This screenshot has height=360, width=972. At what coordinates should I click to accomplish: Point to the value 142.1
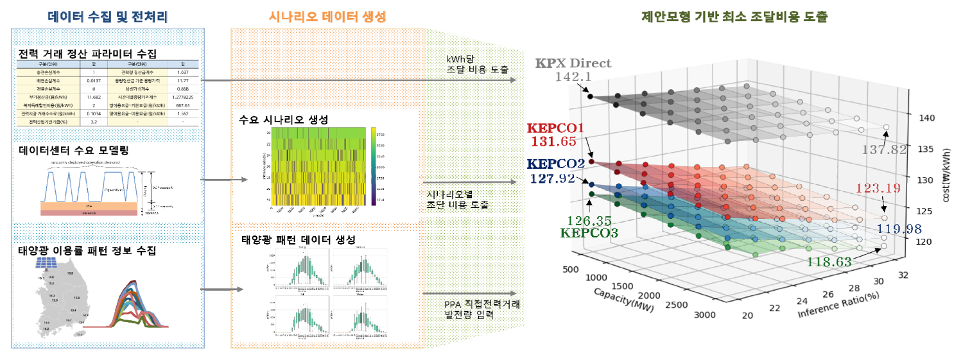[573, 77]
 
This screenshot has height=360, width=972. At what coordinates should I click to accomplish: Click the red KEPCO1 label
[555, 128]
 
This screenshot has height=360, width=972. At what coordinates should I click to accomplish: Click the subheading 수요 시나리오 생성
[284, 120]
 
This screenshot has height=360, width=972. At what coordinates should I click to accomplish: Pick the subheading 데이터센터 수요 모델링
[74, 151]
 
